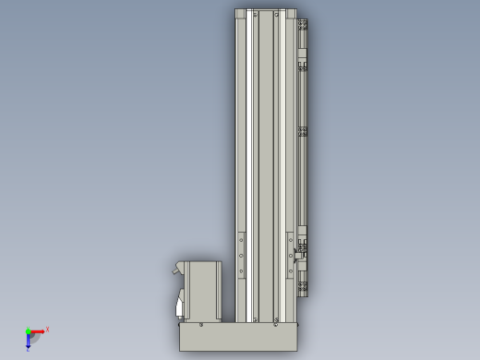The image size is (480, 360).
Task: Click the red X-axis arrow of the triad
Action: click(x=38, y=330)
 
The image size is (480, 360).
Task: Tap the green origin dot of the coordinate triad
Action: click(x=28, y=331)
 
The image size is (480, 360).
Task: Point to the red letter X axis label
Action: click(x=47, y=329)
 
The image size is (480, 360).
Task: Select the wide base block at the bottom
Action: click(x=238, y=336)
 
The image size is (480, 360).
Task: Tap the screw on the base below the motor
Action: click(x=201, y=324)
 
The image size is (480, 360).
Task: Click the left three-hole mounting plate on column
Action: click(x=242, y=255)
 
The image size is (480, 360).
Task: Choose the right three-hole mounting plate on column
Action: click(x=290, y=255)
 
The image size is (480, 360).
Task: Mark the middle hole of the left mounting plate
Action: click(x=242, y=256)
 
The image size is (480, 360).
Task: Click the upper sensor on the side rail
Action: click(x=302, y=66)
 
